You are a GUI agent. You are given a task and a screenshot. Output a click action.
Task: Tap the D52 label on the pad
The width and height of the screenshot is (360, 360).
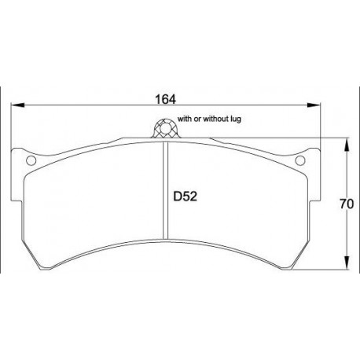(x=185, y=199)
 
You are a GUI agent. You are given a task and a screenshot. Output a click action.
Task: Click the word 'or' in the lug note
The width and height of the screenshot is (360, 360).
(x=196, y=119)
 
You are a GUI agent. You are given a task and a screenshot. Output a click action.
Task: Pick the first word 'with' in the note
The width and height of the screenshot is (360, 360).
(x=184, y=119)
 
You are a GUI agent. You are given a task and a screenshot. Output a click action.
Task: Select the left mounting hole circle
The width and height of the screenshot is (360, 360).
(x=31, y=163)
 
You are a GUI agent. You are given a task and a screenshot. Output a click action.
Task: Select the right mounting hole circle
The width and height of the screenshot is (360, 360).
(x=299, y=163)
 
